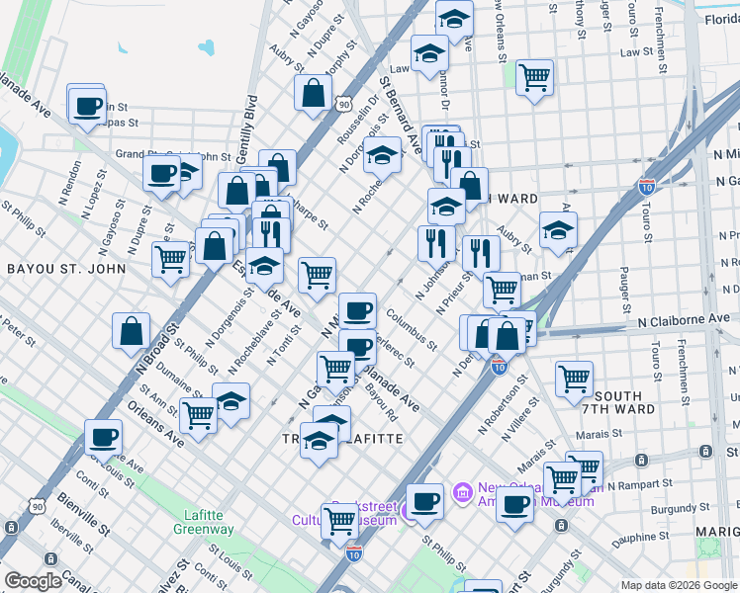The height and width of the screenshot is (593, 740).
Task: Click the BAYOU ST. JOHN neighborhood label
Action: (66, 268)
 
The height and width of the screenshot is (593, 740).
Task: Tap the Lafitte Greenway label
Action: (210, 522)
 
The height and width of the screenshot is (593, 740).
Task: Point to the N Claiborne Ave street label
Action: (684, 321)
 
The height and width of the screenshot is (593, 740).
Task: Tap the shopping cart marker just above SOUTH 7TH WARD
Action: (574, 378)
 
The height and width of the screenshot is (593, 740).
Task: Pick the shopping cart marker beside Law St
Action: (534, 76)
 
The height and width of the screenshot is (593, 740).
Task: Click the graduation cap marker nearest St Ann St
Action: (231, 401)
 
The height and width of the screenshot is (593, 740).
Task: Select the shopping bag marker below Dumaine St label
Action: (132, 332)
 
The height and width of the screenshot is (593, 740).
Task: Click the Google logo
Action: (33, 581)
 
